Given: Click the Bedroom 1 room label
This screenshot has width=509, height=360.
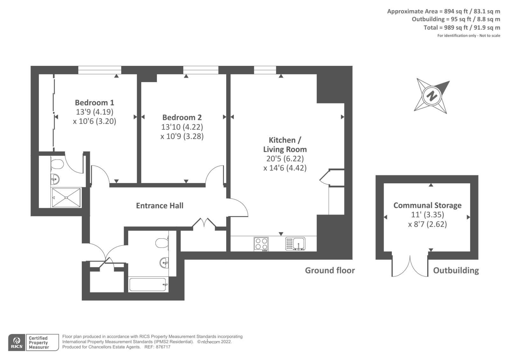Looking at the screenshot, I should point(94,102).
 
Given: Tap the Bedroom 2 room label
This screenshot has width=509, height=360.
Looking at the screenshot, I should point(182,117).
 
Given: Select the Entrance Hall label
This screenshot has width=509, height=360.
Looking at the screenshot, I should point(160,206).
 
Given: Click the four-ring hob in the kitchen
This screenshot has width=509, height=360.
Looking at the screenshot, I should point(261,244).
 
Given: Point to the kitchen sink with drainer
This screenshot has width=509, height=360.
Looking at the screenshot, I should point(295,244).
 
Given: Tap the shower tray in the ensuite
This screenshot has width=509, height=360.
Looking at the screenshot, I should point(66,198).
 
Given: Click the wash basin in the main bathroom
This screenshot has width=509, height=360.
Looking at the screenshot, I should point(164,263).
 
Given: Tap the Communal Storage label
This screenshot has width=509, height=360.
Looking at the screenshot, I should point(427,205).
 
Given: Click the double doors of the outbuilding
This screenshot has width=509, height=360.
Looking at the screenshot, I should point(410,266).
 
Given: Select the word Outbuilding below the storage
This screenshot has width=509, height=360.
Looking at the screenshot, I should point(456,271).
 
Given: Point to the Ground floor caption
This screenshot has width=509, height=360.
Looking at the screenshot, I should point(330,271).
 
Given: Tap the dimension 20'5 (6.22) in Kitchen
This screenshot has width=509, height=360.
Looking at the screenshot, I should point(285,159).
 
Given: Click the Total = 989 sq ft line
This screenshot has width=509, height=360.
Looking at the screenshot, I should point(462,28).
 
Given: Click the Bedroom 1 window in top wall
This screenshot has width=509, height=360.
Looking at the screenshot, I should point(100,70).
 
